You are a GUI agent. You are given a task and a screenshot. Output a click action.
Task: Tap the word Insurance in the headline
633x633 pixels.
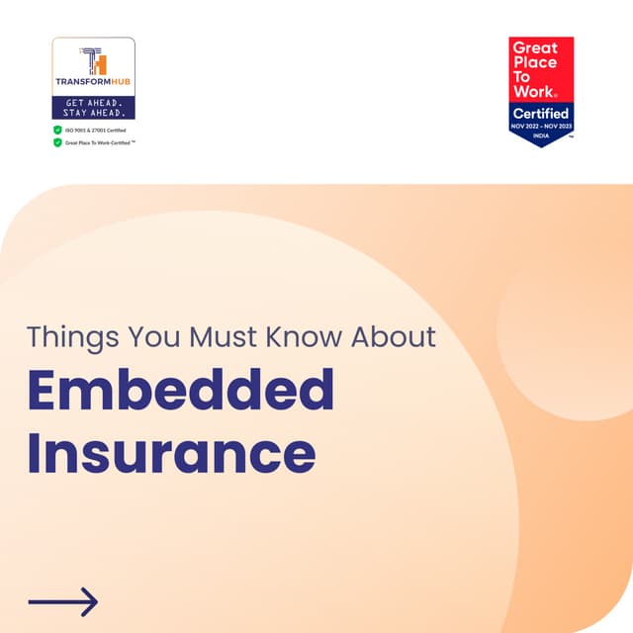(x=171, y=453)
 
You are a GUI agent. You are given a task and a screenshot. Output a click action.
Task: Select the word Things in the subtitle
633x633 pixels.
(x=69, y=336)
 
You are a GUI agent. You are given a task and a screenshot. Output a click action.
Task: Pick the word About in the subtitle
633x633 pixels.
(x=394, y=336)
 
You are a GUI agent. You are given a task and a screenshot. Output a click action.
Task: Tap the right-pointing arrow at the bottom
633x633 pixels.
(x=63, y=601)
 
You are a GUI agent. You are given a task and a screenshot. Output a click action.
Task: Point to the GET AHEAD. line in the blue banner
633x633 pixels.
(x=93, y=102)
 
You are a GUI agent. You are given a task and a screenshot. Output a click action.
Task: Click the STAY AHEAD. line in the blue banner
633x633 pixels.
(x=93, y=113)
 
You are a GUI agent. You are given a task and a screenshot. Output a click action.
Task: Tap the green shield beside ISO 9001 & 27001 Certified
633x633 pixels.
(x=57, y=130)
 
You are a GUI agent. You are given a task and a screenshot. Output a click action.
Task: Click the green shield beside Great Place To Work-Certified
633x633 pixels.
(x=57, y=142)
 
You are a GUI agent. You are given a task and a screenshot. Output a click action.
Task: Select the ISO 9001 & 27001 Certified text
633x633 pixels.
(x=96, y=130)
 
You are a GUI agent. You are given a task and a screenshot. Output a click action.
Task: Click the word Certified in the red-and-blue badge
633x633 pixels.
(x=541, y=113)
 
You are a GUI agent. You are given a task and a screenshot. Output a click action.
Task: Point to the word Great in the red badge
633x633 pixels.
(x=535, y=47)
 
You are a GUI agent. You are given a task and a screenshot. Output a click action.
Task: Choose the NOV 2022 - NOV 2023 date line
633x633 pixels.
(x=541, y=128)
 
